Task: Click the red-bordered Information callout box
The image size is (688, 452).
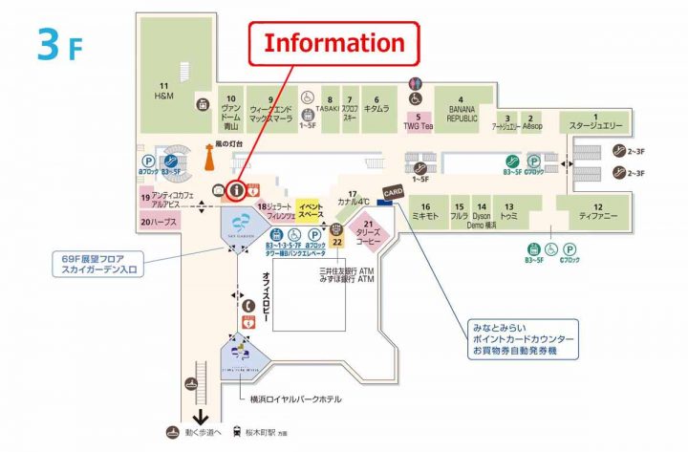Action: pyautogui.click(x=334, y=44)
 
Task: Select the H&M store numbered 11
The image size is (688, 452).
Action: pyautogui.click(x=164, y=93)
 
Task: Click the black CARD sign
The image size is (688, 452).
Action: pyautogui.click(x=393, y=191)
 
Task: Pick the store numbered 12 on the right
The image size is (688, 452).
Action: pyautogui.click(x=596, y=212)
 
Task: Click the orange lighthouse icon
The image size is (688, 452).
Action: pyautogui.click(x=209, y=156)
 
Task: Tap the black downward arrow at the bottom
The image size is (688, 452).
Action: pyautogui.click(x=201, y=417)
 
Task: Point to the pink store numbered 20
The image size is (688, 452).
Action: pyautogui.click(x=159, y=222)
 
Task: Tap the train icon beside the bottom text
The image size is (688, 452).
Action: pyautogui.click(x=238, y=432)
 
